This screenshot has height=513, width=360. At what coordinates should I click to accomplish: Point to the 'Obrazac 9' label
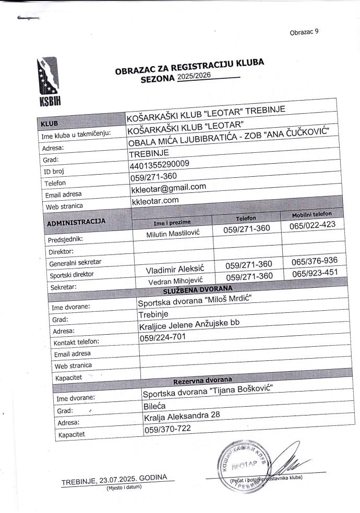coord(304,32)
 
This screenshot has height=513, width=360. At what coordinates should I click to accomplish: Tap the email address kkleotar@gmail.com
coord(169,188)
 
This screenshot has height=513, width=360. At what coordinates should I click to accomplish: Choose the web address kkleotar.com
coord(156,200)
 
